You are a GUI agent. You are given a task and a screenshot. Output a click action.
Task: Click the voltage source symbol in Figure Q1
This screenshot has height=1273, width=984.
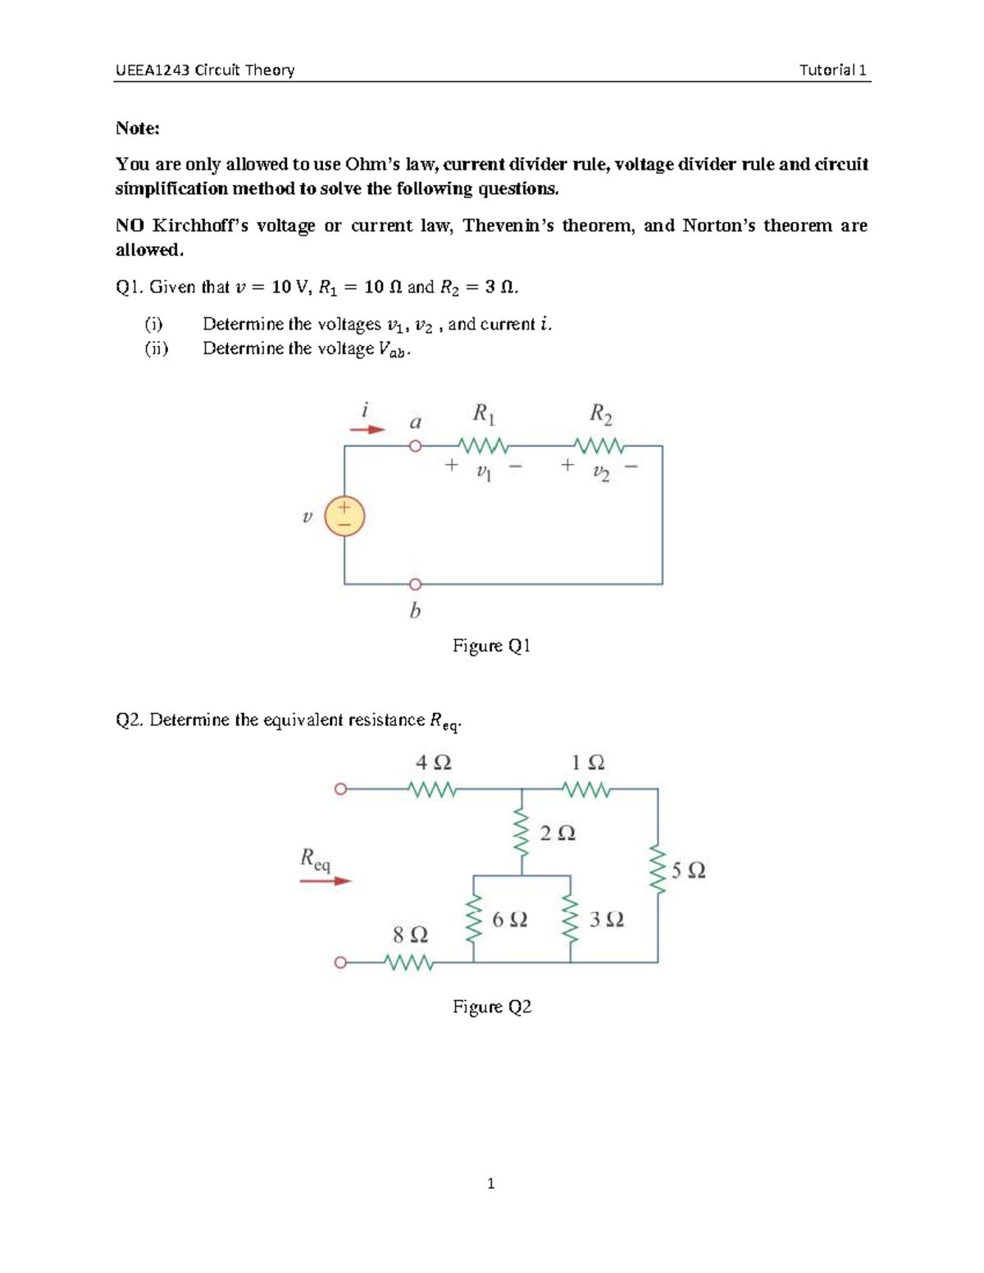click(344, 516)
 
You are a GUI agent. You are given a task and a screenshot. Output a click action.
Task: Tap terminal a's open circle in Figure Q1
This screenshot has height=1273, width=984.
click(415, 446)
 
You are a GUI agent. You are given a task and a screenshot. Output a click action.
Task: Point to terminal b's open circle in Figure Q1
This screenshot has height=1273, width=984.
click(415, 584)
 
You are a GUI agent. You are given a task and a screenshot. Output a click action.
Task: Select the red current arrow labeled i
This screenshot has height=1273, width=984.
click(367, 430)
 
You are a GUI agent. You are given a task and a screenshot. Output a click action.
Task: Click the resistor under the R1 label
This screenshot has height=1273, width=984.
click(484, 447)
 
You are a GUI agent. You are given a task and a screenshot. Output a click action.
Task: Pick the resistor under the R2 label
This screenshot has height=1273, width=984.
click(600, 447)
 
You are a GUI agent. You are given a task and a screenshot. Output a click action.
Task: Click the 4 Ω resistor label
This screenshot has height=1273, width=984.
click(433, 762)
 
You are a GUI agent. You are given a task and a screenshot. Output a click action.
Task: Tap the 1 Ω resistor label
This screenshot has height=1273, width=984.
click(588, 762)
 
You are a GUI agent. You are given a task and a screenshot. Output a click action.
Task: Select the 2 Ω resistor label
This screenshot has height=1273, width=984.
click(558, 834)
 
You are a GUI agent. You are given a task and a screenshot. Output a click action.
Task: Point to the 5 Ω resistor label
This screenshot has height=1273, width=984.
click(688, 871)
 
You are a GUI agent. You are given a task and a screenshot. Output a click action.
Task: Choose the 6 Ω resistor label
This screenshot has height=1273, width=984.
click(509, 920)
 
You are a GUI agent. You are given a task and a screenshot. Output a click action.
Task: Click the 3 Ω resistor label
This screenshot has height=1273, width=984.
click(607, 920)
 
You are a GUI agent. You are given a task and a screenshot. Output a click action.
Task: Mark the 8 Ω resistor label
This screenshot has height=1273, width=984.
click(410, 935)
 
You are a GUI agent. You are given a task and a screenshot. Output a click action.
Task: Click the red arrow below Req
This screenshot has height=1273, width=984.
click(326, 881)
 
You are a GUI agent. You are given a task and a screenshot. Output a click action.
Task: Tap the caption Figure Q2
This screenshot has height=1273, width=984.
click(492, 1007)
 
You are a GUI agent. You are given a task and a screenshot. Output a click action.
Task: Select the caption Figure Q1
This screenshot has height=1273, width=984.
click(491, 646)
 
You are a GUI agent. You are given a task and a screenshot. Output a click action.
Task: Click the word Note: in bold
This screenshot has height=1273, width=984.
click(138, 128)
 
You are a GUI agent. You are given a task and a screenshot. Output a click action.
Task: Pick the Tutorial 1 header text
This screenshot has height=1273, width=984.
click(832, 70)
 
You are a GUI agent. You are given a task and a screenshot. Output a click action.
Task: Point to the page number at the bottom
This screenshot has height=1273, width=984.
click(490, 1183)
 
